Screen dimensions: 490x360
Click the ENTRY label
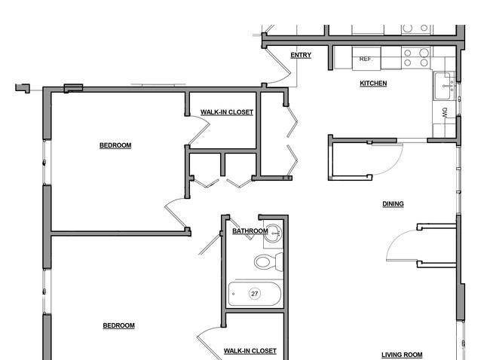(x=301, y=55)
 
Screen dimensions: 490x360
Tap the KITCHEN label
(x=373, y=84)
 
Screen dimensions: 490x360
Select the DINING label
(x=393, y=204)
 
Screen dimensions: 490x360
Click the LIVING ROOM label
(x=402, y=355)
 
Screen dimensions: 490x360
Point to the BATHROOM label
(x=250, y=231)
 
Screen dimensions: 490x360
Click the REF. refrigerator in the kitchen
(x=366, y=59)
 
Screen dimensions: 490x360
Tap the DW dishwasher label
(x=445, y=112)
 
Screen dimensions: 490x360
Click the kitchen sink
(x=443, y=86)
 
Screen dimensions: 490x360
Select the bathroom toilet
(x=268, y=261)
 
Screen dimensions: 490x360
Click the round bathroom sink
(x=272, y=233)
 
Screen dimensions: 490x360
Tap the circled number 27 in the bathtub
(x=254, y=294)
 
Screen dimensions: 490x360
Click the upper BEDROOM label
(x=115, y=145)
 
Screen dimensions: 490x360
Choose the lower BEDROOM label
(x=119, y=325)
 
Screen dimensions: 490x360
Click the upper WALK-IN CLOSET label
(x=227, y=112)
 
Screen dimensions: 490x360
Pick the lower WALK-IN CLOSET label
(x=250, y=351)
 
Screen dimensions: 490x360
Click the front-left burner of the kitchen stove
(x=408, y=63)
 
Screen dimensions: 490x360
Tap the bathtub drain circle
(x=234, y=294)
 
